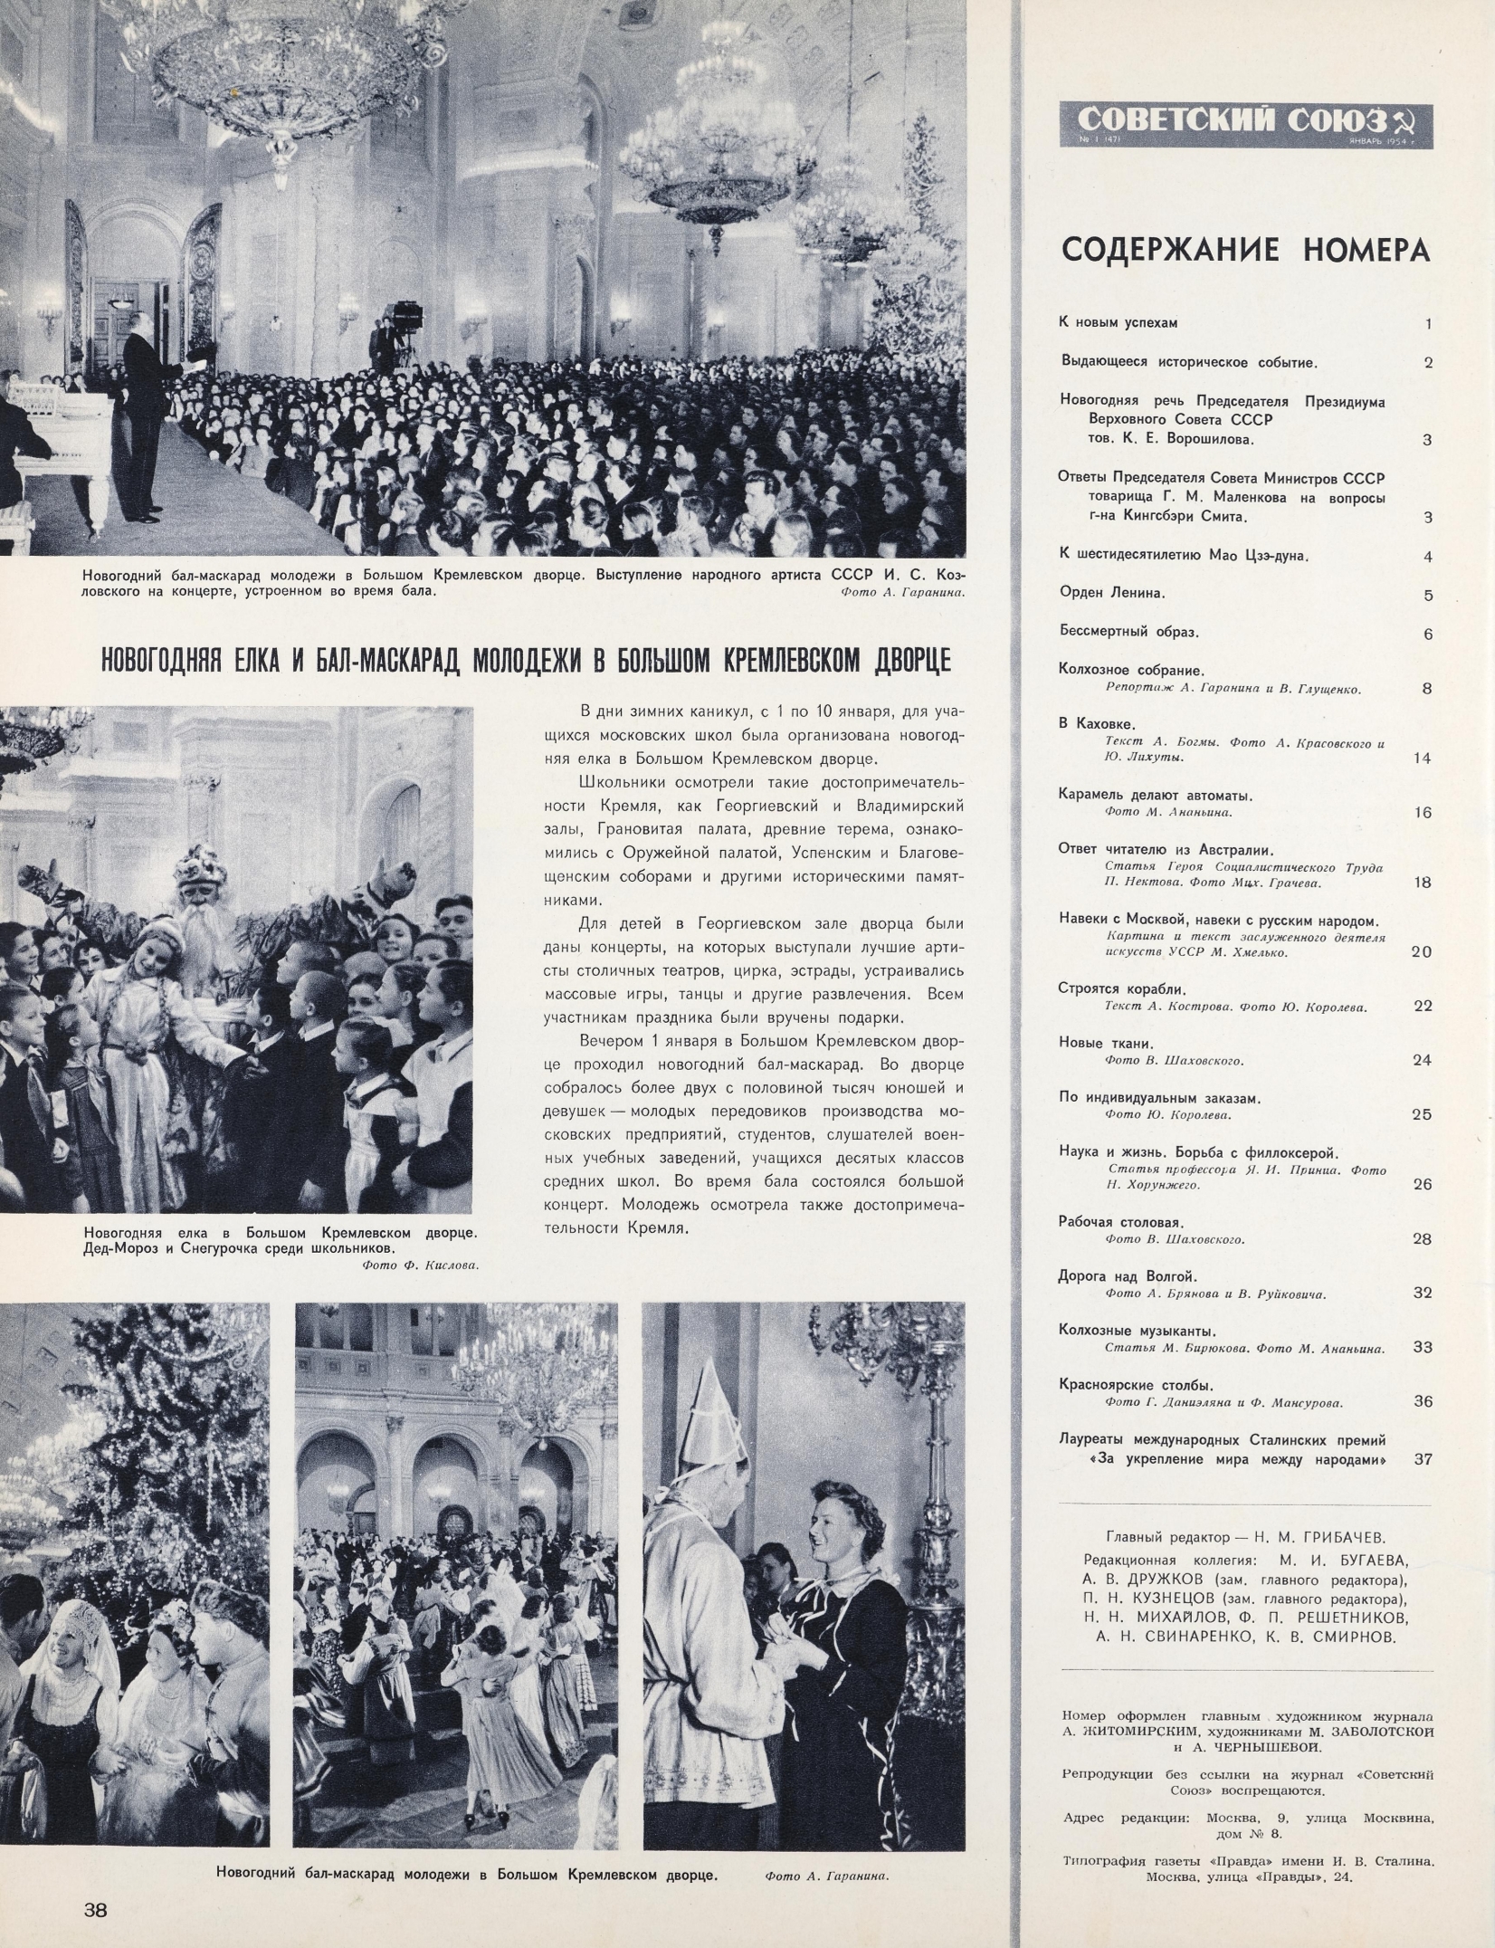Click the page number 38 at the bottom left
pos(96,1904)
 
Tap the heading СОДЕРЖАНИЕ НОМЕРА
pos(1245,249)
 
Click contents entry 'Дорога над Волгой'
pos(1128,1276)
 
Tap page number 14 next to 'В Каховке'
pos(1421,758)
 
